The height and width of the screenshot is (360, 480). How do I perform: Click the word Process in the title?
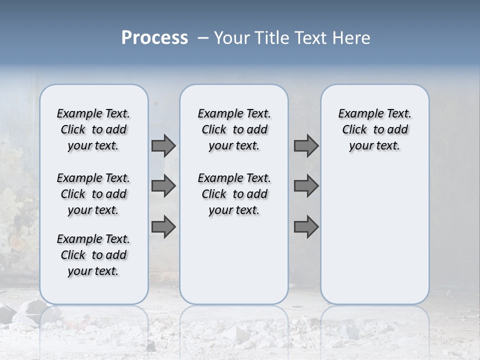pos(154,37)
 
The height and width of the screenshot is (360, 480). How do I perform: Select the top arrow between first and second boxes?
pos(163,145)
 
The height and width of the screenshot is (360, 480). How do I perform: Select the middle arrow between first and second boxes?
pos(163,186)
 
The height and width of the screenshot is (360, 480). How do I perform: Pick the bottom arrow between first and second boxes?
pos(163,227)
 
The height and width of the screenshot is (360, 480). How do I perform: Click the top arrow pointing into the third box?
pos(306,145)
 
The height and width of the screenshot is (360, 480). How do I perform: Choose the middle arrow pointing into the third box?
pos(306,186)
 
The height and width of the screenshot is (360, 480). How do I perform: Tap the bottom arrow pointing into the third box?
pos(306,227)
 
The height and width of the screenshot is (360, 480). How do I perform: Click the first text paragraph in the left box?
pos(93,129)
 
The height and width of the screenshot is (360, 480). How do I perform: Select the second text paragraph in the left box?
pos(93,194)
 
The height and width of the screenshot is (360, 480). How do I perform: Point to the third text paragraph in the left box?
pos(93,255)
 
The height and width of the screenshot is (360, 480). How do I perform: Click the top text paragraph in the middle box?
pos(234,129)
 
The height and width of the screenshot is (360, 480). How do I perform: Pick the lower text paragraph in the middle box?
pos(234,194)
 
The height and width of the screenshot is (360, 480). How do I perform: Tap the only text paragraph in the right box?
pos(374,129)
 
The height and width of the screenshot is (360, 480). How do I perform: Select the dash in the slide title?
pos(202,38)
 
